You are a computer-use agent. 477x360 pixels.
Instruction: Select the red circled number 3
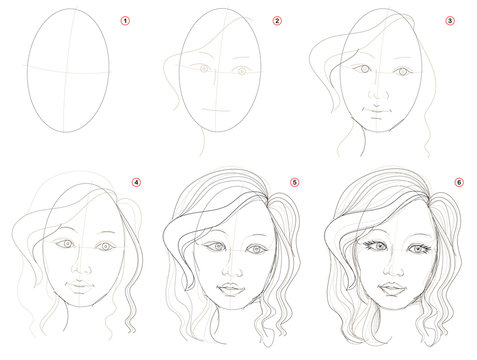pos(450,20)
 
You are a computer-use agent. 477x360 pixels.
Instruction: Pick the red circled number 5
pos(294,183)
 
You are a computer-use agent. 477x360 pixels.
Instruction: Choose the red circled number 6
pos(459,183)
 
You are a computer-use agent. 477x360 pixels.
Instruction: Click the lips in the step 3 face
pos(377,107)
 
